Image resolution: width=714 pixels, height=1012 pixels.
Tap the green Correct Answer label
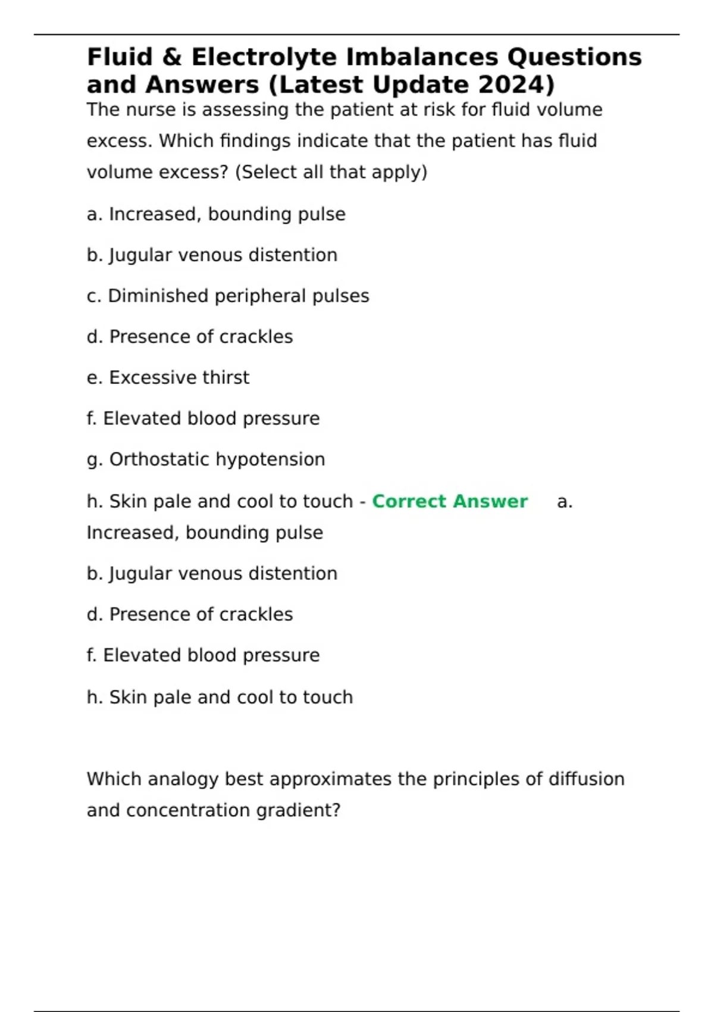[449, 501]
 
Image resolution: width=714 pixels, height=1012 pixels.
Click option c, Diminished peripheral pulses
[228, 296]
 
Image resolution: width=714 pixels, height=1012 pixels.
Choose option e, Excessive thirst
[168, 377]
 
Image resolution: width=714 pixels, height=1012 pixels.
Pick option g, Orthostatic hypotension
[206, 460]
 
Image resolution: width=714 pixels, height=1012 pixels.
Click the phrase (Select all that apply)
[331, 172]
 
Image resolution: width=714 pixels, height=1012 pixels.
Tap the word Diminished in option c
[158, 296]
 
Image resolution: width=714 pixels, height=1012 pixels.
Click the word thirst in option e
[226, 377]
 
